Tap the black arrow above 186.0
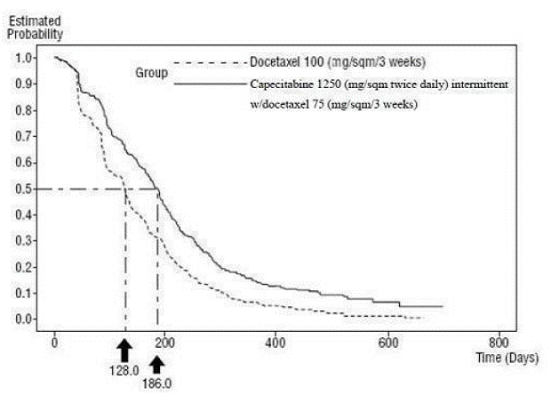[156, 363]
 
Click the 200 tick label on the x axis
[165, 342]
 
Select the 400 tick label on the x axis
[276, 342]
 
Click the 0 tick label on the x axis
[55, 342]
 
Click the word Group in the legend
[152, 72]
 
